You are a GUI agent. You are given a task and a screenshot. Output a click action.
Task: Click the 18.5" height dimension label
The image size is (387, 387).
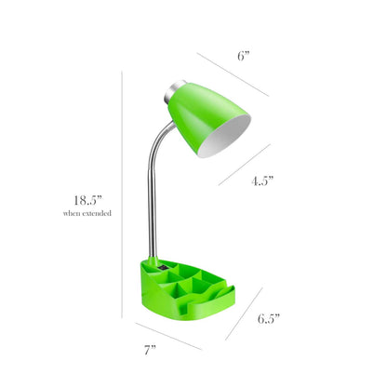click(88, 198)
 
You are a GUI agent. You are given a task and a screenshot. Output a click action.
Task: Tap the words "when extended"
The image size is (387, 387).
click(88, 214)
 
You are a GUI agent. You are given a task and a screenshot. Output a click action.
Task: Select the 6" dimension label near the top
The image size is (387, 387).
click(243, 55)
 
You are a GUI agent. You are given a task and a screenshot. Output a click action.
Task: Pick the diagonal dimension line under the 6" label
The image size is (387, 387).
click(233, 73)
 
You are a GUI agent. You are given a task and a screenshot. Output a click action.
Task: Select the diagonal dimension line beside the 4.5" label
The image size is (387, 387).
click(245, 163)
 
